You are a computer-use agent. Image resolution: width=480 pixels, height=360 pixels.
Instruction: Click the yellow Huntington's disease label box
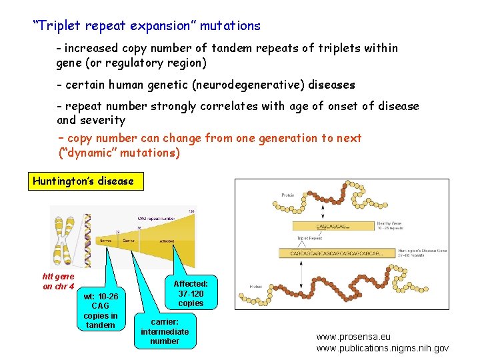(x=85, y=181)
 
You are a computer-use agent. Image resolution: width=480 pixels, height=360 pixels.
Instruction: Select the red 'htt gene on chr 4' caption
(x=58, y=281)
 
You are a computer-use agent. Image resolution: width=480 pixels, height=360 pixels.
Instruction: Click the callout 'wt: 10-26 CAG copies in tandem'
(x=101, y=311)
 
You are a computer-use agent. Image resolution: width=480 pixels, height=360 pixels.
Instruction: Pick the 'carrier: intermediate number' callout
(x=165, y=331)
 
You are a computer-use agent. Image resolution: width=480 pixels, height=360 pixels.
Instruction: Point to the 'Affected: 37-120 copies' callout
(x=191, y=293)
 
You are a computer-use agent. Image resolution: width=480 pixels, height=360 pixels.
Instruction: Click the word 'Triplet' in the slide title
(x=60, y=26)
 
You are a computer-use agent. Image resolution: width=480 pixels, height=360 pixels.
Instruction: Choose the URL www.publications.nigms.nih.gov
(x=383, y=348)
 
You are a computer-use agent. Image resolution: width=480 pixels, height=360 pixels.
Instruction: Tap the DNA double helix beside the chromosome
(x=85, y=237)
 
